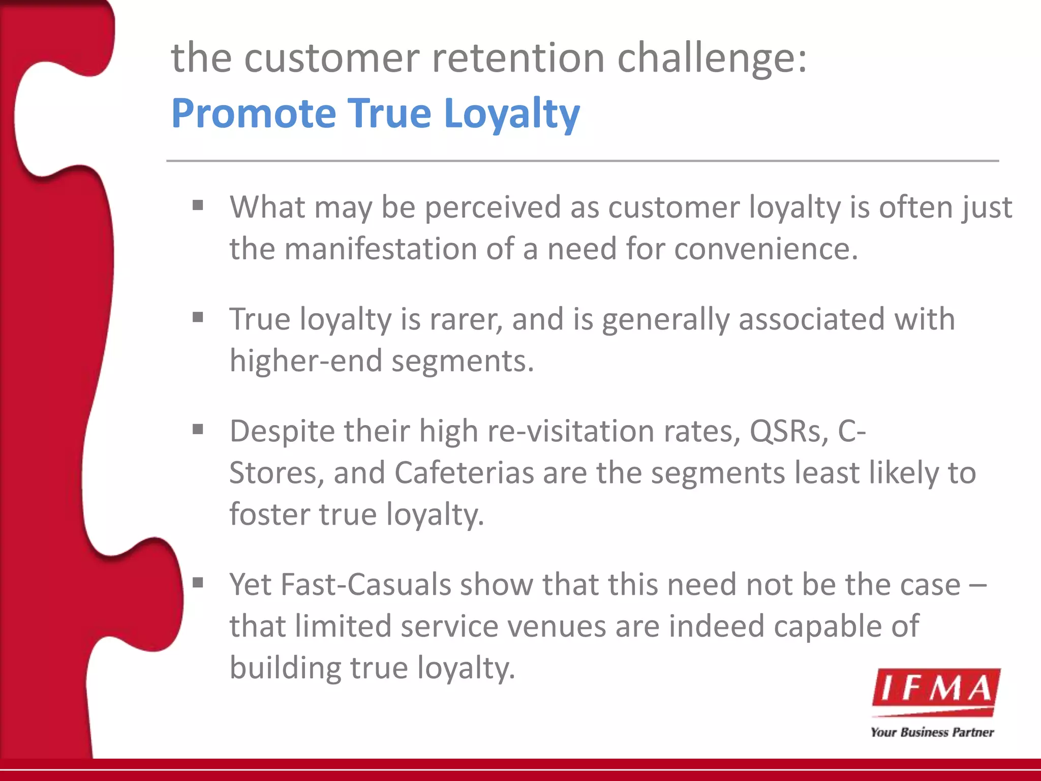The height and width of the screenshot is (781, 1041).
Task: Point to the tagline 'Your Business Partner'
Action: tap(932, 732)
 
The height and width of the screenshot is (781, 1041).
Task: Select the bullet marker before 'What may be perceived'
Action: tap(198, 205)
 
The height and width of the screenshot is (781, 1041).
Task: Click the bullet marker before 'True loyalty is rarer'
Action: tap(198, 318)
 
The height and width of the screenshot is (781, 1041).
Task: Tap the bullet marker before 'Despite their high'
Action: tap(198, 430)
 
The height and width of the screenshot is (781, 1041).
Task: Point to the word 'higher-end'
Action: tap(305, 361)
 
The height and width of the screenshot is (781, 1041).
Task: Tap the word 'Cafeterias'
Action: tap(464, 473)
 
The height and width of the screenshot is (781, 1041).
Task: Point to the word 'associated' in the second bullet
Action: tap(811, 319)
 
